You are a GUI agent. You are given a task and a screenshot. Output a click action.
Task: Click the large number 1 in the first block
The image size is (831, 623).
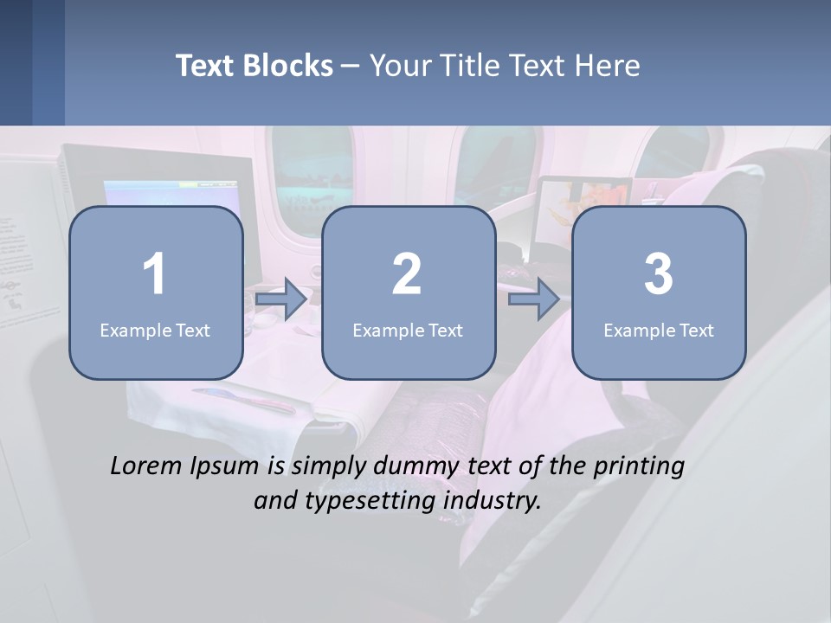click(x=154, y=274)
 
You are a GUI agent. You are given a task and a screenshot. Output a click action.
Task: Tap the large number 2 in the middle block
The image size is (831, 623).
click(x=407, y=274)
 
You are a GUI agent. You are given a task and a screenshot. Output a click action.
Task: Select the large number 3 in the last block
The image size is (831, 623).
click(x=659, y=274)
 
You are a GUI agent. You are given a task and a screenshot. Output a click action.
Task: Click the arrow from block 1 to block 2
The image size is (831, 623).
click(x=281, y=299)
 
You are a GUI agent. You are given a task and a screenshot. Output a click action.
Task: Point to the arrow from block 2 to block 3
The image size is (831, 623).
click(x=534, y=299)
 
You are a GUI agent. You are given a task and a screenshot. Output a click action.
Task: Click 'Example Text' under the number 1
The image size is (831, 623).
click(x=155, y=330)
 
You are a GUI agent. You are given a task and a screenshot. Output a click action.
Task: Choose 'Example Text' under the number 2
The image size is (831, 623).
click(x=408, y=330)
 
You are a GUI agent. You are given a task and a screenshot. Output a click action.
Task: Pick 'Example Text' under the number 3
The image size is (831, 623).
click(x=659, y=330)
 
